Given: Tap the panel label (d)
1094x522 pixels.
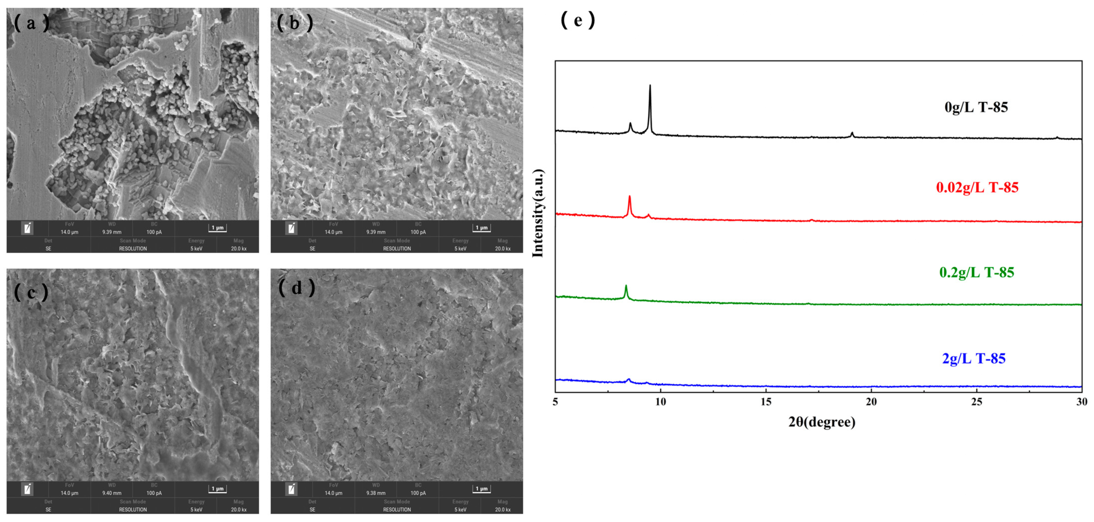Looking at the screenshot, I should (296, 288).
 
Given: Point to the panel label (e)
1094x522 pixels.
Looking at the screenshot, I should (578, 19).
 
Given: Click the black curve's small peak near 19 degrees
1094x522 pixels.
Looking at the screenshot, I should (852, 133).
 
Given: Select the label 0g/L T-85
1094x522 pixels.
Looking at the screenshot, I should (976, 107).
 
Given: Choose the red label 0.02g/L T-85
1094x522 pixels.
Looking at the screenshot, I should (977, 187).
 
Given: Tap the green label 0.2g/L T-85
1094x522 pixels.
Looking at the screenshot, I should (976, 272).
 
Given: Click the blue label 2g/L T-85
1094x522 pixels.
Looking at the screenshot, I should (974, 358).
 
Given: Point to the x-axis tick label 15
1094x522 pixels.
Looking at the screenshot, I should (766, 402).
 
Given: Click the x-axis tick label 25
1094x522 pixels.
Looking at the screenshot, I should (977, 402).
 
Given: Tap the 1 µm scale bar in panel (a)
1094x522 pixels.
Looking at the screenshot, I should (218, 228).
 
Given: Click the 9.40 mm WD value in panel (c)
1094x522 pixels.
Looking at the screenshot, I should (112, 493).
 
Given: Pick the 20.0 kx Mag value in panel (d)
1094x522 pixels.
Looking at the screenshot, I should (502, 510).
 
